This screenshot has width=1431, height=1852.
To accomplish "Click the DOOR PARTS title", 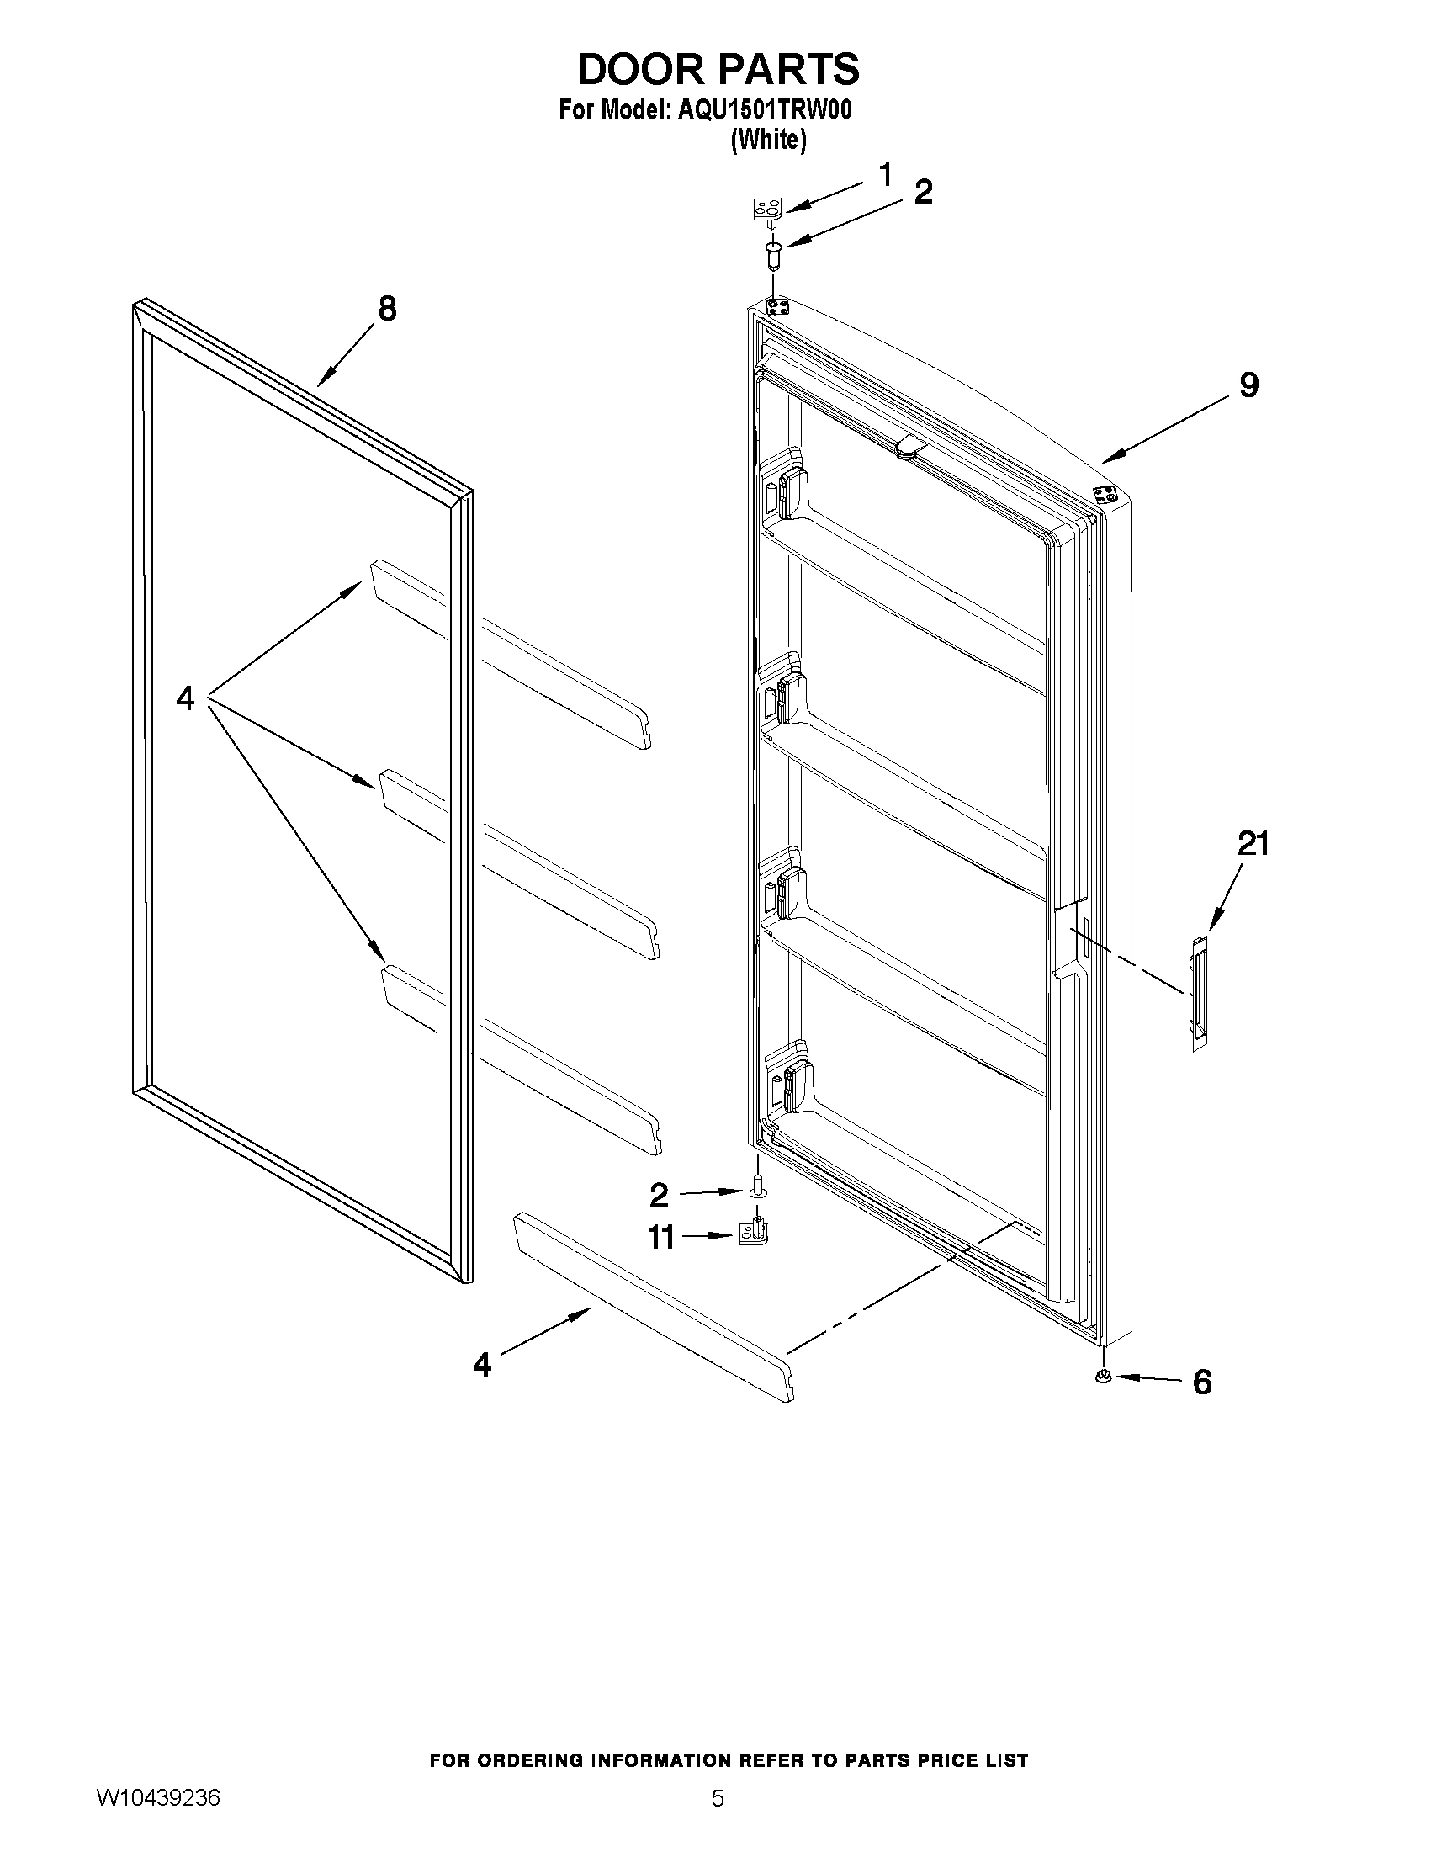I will [718, 69].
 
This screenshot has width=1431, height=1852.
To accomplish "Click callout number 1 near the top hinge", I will [885, 176].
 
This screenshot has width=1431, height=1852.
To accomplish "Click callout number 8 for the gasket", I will [387, 309].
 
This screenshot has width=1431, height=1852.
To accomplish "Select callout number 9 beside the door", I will [1248, 386].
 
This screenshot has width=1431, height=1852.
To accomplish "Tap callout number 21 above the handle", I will [1253, 844].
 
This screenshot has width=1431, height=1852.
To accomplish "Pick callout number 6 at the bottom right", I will [1201, 1382].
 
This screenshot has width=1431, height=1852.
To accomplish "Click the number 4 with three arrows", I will [185, 698].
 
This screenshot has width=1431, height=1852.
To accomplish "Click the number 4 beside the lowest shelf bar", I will [481, 1365].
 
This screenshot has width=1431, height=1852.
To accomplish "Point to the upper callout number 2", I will [923, 193].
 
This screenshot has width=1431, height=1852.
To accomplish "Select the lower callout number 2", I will [659, 1197].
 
